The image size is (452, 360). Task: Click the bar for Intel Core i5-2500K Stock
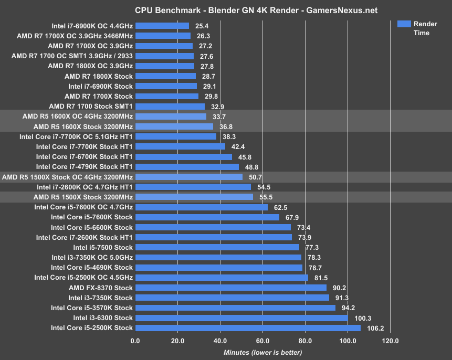tap(248, 328)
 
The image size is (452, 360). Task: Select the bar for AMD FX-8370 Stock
tap(230, 288)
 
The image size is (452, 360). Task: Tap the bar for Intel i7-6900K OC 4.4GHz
tap(162, 26)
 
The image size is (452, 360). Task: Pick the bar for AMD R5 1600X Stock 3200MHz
tap(174, 126)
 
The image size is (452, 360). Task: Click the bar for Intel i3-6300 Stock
tap(241, 318)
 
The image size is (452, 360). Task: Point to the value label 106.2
tap(373, 328)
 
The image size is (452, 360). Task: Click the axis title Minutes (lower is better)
tap(262, 352)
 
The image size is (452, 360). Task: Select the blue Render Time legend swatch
tap(404, 24)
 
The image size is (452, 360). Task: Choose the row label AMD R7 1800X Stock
tap(99, 76)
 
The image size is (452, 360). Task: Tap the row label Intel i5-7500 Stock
tap(103, 247)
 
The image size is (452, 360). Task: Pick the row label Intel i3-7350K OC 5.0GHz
tap(92, 257)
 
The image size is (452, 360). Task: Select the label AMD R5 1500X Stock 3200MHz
tap(83, 197)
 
